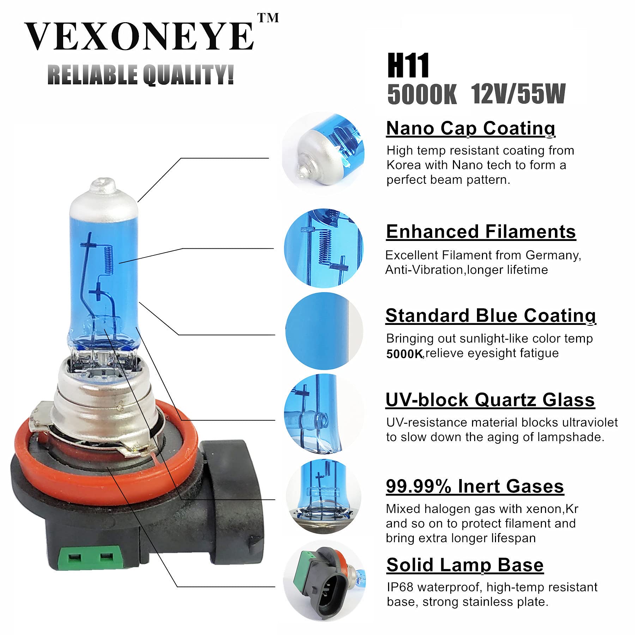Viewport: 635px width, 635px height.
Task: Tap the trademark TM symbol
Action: pyautogui.click(x=268, y=18)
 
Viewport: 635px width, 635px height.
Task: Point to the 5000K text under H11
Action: pyautogui.click(x=422, y=94)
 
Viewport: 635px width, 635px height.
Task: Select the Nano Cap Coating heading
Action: pyautogui.click(x=471, y=128)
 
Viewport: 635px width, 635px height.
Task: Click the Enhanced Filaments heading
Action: pyautogui.click(x=480, y=232)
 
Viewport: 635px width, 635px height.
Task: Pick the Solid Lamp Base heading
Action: pyautogui.click(x=465, y=565)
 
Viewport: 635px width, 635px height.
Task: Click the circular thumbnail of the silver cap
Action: pyautogui.click(x=323, y=153)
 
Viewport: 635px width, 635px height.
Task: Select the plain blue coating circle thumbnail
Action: pyautogui.click(x=323, y=331)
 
